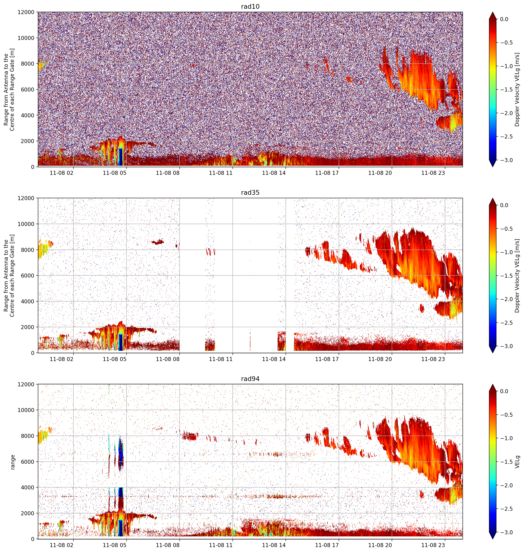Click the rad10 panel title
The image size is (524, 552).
click(250, 7)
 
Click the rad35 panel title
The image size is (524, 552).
click(250, 193)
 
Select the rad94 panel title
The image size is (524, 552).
click(250, 379)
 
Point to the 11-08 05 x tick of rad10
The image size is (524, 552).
click(115, 173)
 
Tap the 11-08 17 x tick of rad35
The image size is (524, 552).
click(327, 359)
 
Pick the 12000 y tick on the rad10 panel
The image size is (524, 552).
click(26, 12)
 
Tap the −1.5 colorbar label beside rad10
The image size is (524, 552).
click(506, 90)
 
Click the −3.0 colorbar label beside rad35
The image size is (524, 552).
click(506, 346)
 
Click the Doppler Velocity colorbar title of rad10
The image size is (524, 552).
click(517, 89)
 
